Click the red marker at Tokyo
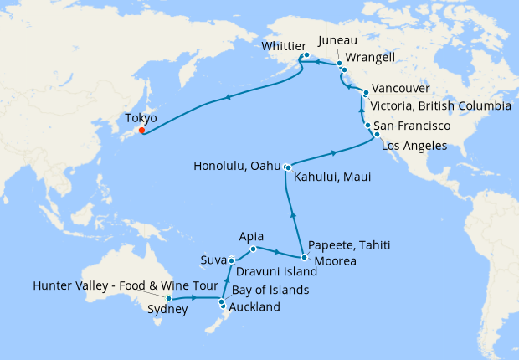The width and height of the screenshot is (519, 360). pos(142,130)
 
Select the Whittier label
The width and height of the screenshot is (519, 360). pos(285,46)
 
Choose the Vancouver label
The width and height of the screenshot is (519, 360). pos(400,89)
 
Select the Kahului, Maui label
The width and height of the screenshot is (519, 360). pos(332,177)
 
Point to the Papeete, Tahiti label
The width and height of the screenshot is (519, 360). pos(349,244)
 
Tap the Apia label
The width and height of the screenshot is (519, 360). pos(251,236)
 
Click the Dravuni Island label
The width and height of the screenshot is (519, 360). pos(275,271)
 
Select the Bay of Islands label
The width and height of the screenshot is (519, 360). pos(270,290)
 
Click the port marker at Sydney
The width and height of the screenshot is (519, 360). pos(169,298)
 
